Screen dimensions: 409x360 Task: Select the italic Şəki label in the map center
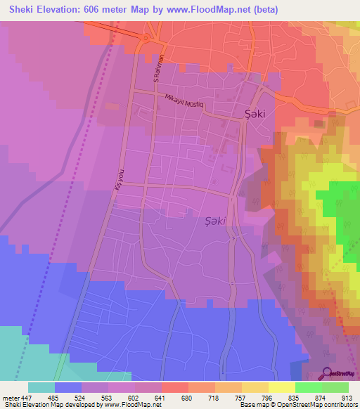tap(215, 221)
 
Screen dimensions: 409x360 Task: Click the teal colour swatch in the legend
tap(41, 387)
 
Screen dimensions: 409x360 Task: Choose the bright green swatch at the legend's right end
tap(335, 387)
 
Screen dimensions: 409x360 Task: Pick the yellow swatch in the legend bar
tap(281, 387)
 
